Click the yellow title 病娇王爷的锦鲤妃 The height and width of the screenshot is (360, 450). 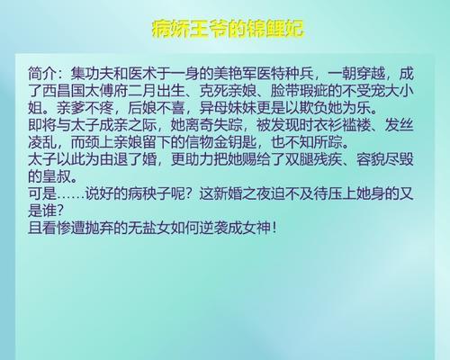(x=228, y=29)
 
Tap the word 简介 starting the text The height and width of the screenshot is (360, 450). (x=42, y=74)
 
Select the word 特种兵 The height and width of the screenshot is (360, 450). (x=292, y=74)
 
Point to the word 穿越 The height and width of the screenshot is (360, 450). (x=371, y=74)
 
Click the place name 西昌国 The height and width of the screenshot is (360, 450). (x=64, y=91)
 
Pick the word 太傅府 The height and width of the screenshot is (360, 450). (x=106, y=91)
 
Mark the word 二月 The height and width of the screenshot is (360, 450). (x=142, y=91)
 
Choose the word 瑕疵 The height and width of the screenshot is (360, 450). (x=313, y=91)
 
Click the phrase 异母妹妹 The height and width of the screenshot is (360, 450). (x=228, y=108)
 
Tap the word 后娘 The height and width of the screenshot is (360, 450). (x=142, y=108)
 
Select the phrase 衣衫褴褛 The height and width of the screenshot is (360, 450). (x=342, y=125)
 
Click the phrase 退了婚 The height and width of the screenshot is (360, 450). (x=135, y=159)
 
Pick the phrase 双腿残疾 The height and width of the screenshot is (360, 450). (x=313, y=159)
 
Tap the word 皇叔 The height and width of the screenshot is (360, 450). (x=57, y=176)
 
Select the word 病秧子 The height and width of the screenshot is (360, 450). (x=149, y=193)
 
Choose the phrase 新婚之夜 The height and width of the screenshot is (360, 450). (x=242, y=193)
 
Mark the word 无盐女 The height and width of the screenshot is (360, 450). (x=149, y=228)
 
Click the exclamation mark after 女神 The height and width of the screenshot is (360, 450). (x=274, y=228)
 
